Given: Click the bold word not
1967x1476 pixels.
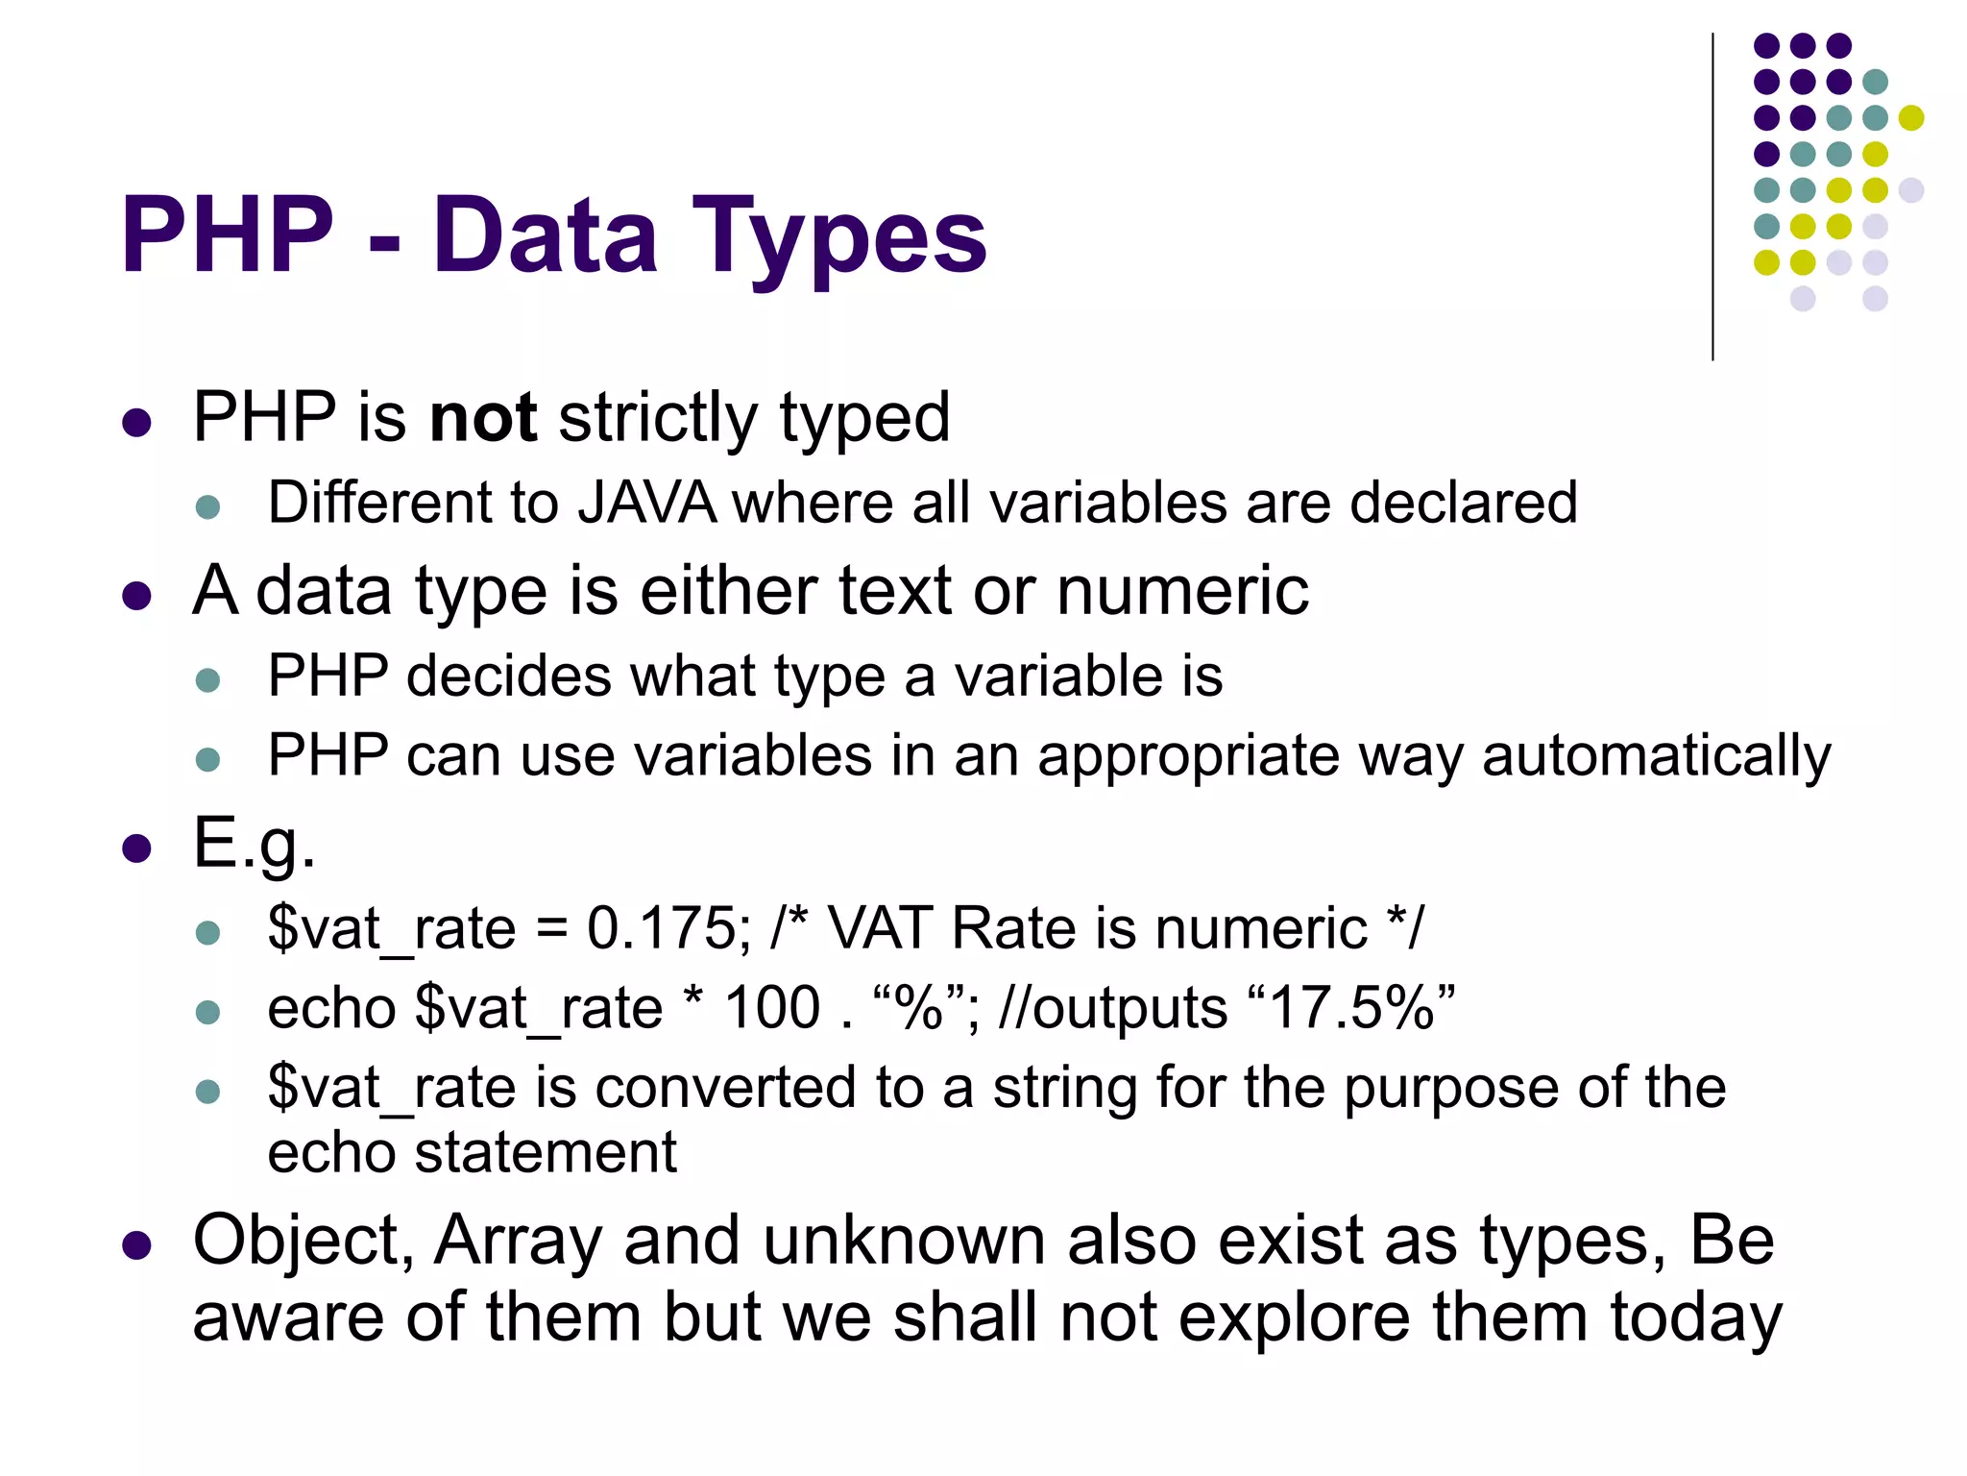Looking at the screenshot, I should pos(482,418).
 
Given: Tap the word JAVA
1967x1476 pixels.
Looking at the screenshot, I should pos(646,503).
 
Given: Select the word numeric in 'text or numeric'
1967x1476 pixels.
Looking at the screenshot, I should pos(1182,590).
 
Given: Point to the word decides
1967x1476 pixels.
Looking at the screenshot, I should pos(509,676).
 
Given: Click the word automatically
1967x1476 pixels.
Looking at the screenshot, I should pos(1656,756).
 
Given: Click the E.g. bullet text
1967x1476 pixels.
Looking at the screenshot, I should pos(254,843).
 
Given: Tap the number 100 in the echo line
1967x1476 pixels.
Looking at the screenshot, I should pos(772,1009).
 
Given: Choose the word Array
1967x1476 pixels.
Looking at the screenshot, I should pos(518,1241).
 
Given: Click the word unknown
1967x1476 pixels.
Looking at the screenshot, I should pos(904,1241).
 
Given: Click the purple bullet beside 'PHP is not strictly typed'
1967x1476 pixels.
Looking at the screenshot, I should pos(137,423).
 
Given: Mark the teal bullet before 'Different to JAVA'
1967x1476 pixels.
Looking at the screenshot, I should pos(207,506).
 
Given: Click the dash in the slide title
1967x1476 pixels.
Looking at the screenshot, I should pos(384,240).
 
